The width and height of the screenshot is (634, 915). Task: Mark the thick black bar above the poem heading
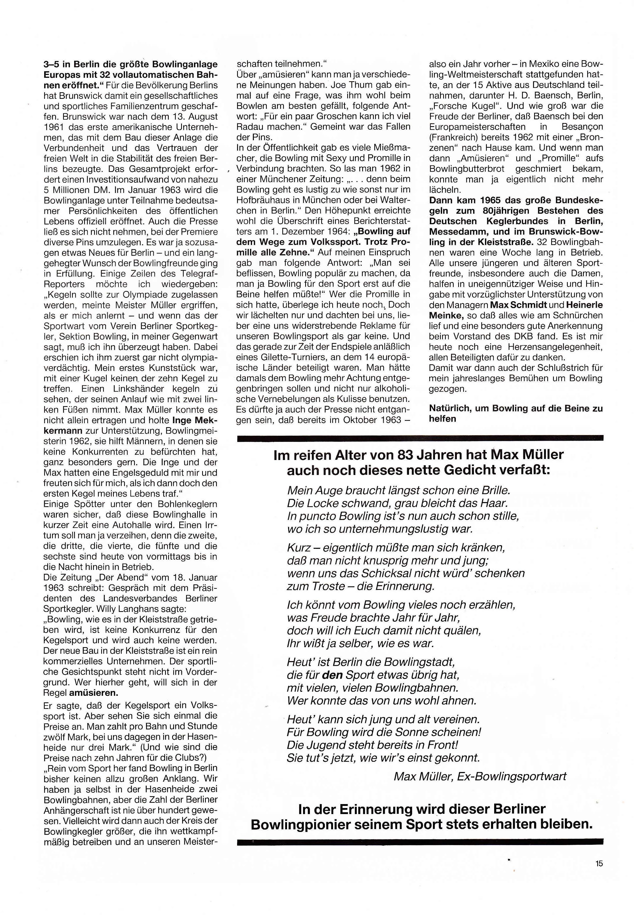click(420, 438)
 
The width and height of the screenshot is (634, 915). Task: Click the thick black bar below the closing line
click(420, 841)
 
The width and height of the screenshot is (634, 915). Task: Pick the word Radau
click(249, 127)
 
